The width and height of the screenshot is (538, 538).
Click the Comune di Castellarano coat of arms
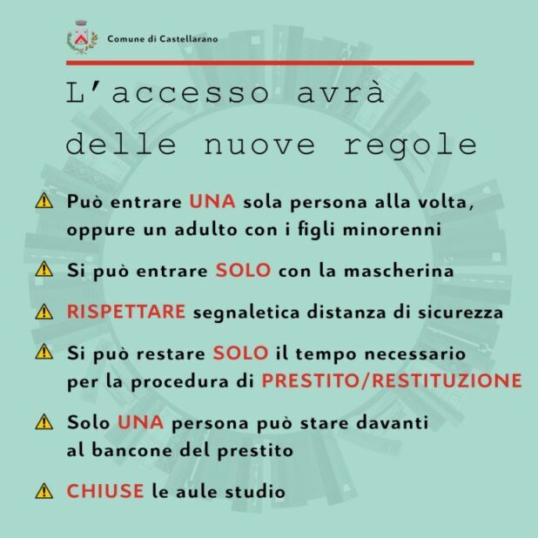point(82,37)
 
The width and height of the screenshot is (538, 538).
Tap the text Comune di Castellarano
point(163,39)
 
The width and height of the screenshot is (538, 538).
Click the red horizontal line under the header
point(270,63)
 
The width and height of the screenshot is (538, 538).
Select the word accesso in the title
point(191,93)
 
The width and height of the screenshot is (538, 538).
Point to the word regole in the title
point(410,145)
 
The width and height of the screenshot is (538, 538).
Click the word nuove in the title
point(259,145)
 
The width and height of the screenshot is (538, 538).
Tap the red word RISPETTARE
point(126,312)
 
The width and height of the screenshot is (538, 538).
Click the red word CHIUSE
point(105,491)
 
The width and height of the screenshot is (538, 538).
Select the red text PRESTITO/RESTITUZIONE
point(392,380)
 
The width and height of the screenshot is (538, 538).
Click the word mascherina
point(399,271)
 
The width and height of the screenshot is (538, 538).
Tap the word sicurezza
point(461,313)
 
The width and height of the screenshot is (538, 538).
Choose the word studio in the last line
point(255,491)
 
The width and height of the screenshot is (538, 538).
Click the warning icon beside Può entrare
point(44,201)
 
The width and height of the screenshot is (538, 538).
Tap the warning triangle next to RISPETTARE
point(44,312)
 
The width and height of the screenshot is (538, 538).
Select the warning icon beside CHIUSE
point(44,491)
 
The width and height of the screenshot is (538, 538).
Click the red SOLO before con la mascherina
point(243,271)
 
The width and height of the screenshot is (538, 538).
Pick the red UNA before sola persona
point(212,201)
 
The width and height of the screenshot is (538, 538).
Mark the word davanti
point(392,422)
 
